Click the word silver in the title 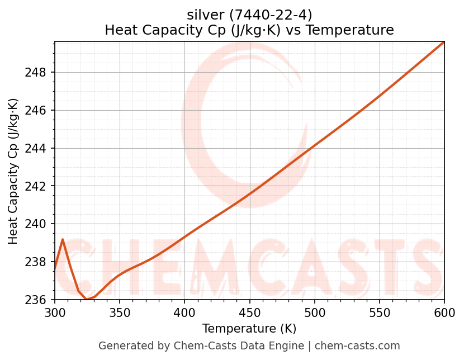coord(205,15)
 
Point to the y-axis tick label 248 coord(39,73)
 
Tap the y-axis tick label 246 coord(39,110)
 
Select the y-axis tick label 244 coord(39,148)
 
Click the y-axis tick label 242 coord(39,186)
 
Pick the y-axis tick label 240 coord(39,224)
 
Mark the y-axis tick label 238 coord(39,262)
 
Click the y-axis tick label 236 coord(39,300)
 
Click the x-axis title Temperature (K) coord(249,329)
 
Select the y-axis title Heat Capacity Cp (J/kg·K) coord(13,171)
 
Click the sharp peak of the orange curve coord(63,239)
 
